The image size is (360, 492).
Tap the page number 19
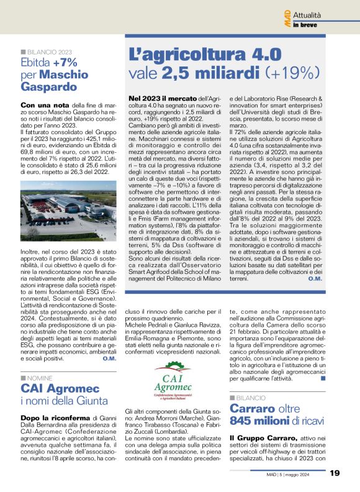(x=335, y=473)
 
